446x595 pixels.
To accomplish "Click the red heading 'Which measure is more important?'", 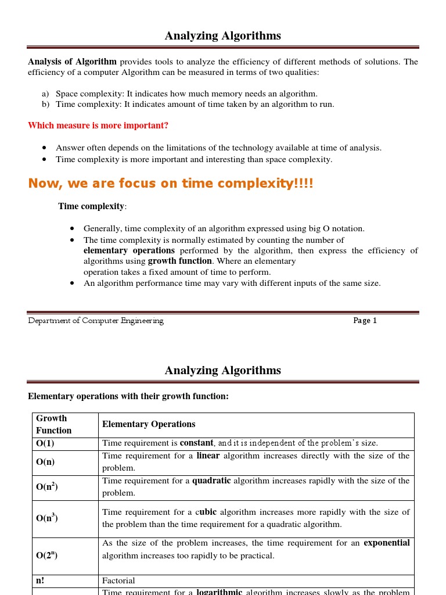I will (98, 126).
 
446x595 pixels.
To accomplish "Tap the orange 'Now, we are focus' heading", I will (170, 184).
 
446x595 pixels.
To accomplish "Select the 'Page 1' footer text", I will (365, 321).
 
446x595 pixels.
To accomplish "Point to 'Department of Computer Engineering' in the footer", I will (96, 321).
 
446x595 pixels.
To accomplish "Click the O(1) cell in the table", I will (46, 443).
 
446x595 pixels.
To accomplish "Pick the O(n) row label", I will (46, 462).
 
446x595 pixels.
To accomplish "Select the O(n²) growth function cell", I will (47, 487).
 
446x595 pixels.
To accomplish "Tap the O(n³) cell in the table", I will (47, 518).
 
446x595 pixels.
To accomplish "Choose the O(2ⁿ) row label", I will (47, 555).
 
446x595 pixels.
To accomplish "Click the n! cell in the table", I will (40, 580).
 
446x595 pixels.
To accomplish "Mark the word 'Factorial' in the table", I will (118, 580).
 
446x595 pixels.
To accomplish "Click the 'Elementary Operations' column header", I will (149, 424).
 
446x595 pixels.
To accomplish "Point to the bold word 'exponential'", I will (386, 543).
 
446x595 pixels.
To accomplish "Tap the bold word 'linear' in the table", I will (208, 456).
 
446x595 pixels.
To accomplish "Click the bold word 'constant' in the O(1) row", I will (196, 443).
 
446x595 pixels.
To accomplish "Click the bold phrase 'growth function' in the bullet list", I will (179, 261).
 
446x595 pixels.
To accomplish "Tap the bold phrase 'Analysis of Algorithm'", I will (72, 62).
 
